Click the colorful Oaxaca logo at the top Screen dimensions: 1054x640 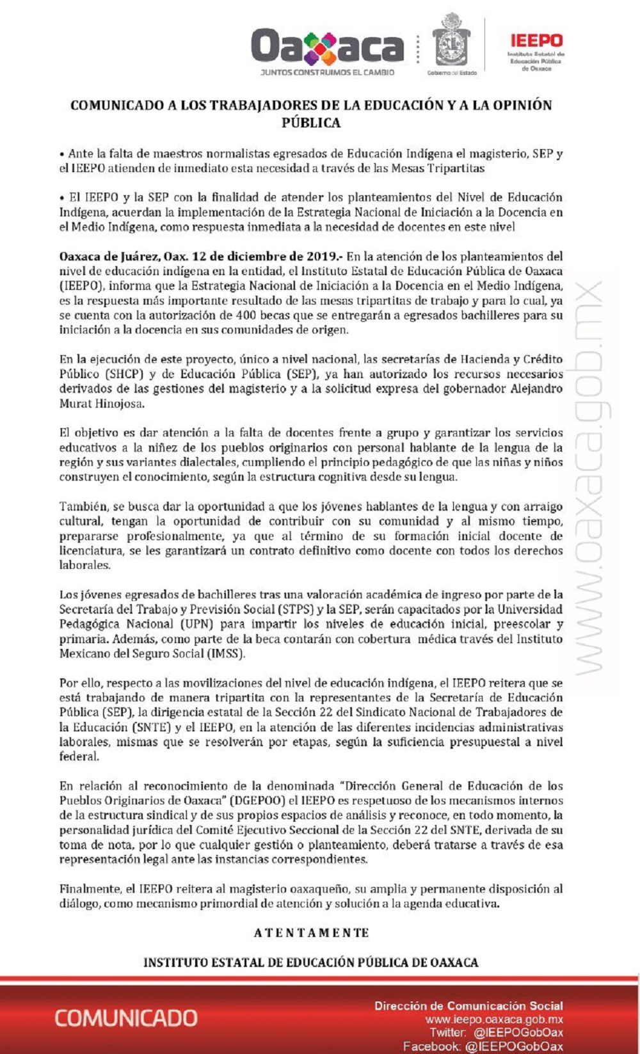(x=327, y=46)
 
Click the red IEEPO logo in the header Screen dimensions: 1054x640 (x=536, y=41)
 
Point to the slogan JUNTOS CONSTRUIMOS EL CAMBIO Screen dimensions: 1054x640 (x=327, y=73)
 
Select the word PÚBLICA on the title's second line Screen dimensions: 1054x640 (x=311, y=123)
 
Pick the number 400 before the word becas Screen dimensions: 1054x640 (x=246, y=315)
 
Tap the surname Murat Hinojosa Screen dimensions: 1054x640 (x=102, y=404)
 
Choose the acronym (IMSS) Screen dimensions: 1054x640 (x=225, y=653)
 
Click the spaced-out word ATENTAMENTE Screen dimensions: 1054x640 (x=311, y=933)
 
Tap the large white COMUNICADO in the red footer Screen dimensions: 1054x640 (x=125, y=1018)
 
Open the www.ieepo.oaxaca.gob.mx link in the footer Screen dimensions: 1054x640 (x=494, y=1019)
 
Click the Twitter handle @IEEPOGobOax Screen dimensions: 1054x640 (x=518, y=1032)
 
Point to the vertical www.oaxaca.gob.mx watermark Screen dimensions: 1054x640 (x=590, y=477)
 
